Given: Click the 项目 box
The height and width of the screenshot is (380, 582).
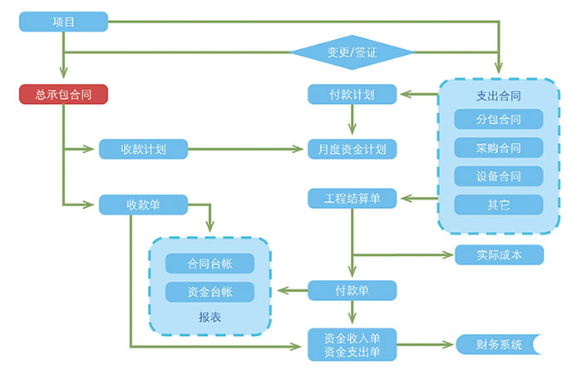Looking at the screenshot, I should coord(64,22).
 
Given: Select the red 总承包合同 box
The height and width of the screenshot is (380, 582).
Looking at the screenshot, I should coord(64,95).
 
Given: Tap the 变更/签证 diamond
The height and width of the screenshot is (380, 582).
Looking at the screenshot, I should coord(352,52).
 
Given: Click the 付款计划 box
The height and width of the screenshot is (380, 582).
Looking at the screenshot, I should coord(352,95).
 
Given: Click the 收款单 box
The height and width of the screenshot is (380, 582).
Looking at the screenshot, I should coord(143,205).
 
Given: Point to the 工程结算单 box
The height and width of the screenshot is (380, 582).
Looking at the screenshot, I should coord(352,199).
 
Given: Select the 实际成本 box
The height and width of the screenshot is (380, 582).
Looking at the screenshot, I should coord(499,254).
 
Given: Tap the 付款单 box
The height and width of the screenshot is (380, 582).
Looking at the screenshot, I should coord(352,290).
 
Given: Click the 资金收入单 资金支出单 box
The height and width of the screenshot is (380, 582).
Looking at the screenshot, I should coord(352,345).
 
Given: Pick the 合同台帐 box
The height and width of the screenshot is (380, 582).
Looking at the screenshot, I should coord(210,264).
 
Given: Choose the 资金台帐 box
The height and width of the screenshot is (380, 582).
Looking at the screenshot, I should coord(210,292).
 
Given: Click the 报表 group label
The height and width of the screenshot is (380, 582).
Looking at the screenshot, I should coord(210,317).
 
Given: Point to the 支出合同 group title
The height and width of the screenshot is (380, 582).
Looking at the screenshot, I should coord(499,95).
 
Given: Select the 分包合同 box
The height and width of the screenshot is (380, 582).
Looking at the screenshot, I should coord(499,120).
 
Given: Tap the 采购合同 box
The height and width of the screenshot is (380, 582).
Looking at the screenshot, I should coord(499,148).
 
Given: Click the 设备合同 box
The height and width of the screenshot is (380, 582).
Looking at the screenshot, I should coord(499,176).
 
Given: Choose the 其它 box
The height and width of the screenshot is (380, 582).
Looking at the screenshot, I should coord(499,205).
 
